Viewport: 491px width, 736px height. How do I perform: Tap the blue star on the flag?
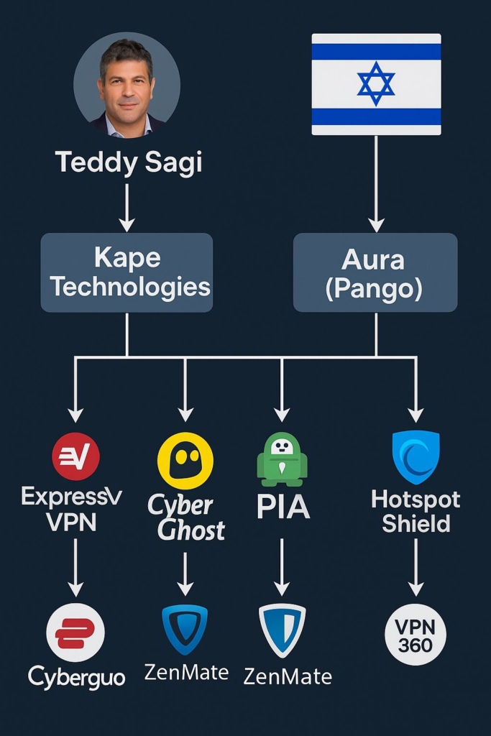pyautogui.click(x=376, y=83)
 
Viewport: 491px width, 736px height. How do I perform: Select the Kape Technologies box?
pyautogui.click(x=127, y=272)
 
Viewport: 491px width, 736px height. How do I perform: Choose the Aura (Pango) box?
pyautogui.click(x=375, y=272)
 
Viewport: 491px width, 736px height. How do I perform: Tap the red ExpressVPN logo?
pyautogui.click(x=75, y=456)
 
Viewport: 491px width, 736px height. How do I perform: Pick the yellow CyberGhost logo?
pyautogui.click(x=185, y=461)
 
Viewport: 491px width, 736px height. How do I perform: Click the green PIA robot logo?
pyautogui.click(x=282, y=459)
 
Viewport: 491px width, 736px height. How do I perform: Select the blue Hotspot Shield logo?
pyautogui.click(x=416, y=456)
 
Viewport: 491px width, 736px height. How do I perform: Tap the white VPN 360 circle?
pyautogui.click(x=416, y=635)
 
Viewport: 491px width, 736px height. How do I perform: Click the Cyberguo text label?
pyautogui.click(x=76, y=676)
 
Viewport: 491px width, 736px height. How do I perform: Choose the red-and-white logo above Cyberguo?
pyautogui.click(x=75, y=632)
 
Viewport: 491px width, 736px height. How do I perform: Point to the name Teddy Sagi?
pyautogui.click(x=128, y=162)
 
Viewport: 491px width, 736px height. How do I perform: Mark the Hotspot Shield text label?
pyautogui.click(x=416, y=511)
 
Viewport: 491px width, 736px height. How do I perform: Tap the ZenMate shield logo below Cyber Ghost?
pyautogui.click(x=185, y=629)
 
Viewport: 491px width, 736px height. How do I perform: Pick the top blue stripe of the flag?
pyautogui.click(x=376, y=52)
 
